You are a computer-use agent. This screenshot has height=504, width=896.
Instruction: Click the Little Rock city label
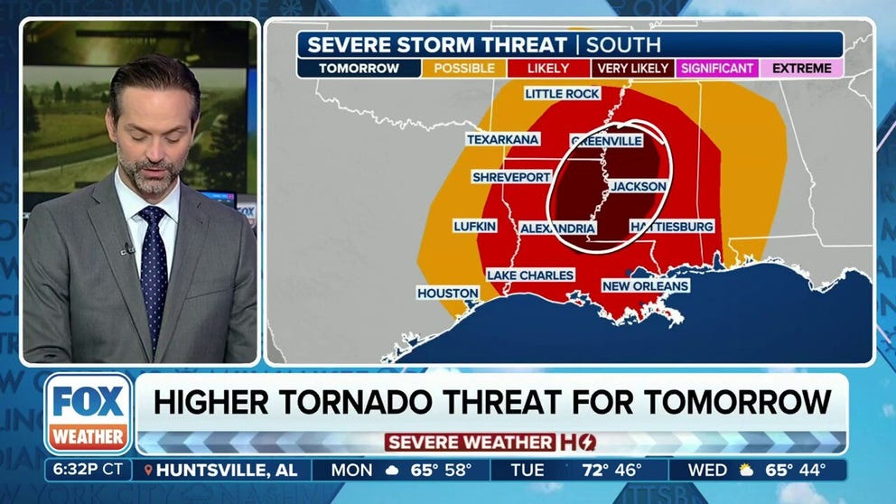(562, 94)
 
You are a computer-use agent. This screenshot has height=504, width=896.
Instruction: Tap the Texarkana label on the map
(502, 139)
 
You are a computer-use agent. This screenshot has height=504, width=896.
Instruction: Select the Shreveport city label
(510, 177)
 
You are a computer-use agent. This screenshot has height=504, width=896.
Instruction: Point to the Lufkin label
(474, 226)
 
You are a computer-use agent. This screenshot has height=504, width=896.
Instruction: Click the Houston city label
(447, 294)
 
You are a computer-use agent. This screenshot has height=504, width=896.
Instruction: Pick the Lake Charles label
(530, 275)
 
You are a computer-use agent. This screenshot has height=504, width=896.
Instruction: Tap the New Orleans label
(645, 286)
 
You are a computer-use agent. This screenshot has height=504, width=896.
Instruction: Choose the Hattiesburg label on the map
(672, 226)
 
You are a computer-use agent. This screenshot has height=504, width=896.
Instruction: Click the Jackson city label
(639, 186)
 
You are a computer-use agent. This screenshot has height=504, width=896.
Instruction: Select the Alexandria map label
(557, 229)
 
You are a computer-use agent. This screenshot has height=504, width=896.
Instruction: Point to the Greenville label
(606, 141)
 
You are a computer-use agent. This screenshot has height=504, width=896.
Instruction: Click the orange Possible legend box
(464, 68)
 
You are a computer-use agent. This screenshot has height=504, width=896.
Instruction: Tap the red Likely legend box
(548, 68)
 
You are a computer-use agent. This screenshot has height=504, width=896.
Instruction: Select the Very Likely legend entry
(633, 68)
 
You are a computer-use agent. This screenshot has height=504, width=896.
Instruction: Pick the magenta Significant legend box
(717, 68)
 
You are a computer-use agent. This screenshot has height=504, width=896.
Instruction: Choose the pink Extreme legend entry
(801, 68)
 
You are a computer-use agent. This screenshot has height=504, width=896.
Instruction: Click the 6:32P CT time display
(88, 471)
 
